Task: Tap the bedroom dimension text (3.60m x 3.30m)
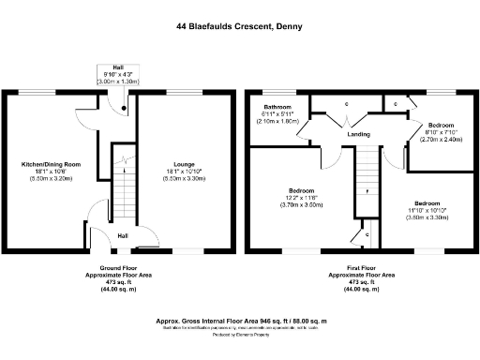point(427,217)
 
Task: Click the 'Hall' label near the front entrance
point(124,236)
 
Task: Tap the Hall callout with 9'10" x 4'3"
point(118,74)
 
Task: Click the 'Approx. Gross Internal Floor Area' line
point(240,321)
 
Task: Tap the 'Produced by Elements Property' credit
point(240,336)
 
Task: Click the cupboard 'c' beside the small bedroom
point(397,102)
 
